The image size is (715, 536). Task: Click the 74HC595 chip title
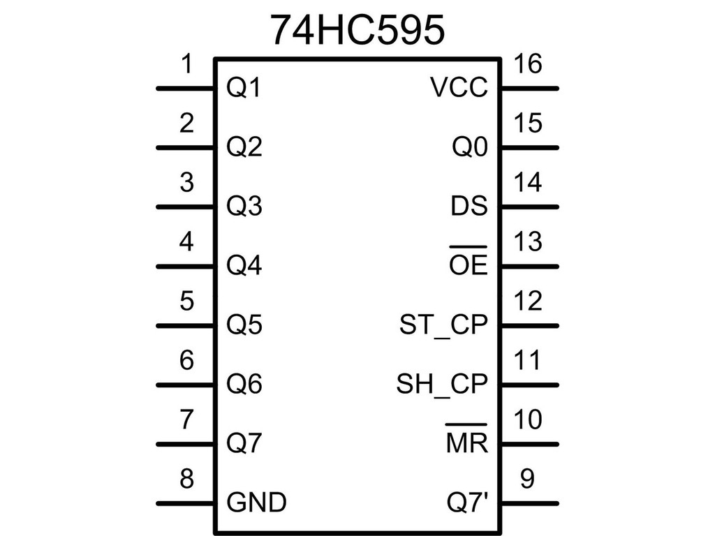pyautogui.click(x=357, y=30)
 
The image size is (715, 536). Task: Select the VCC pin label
pyautogui.click(x=459, y=87)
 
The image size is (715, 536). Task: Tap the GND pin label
pyautogui.click(x=257, y=502)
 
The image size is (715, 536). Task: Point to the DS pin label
pyautogui.click(x=469, y=206)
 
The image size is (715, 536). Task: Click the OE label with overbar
pyautogui.click(x=469, y=261)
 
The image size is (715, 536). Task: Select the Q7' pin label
pyautogui.click(x=467, y=502)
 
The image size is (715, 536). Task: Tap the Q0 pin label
pyautogui.click(x=470, y=147)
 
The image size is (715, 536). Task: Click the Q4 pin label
pyautogui.click(x=244, y=266)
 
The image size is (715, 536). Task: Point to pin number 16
pyautogui.click(x=528, y=64)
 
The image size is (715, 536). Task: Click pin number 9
pyautogui.click(x=527, y=479)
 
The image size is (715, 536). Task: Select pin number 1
pyautogui.click(x=186, y=64)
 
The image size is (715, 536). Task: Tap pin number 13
pyautogui.click(x=528, y=241)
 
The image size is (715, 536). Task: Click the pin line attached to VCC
pyautogui.click(x=530, y=89)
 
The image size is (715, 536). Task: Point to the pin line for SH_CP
pyautogui.click(x=530, y=385)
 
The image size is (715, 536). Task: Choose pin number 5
pyautogui.click(x=186, y=301)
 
